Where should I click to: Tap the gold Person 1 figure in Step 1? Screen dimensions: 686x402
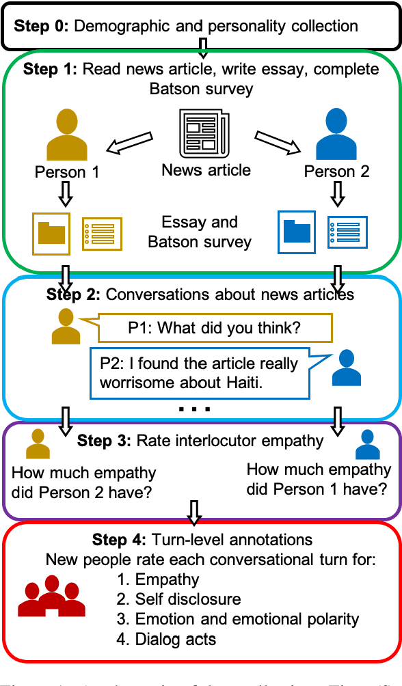67,137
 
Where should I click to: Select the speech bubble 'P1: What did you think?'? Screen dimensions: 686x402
215,328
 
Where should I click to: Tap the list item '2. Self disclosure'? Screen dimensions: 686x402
178,599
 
